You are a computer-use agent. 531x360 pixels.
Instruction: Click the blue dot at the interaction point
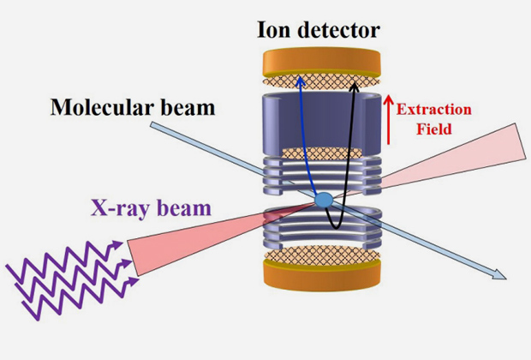(324, 200)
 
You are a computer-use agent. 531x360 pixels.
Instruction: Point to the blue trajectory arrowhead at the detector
(300, 79)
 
